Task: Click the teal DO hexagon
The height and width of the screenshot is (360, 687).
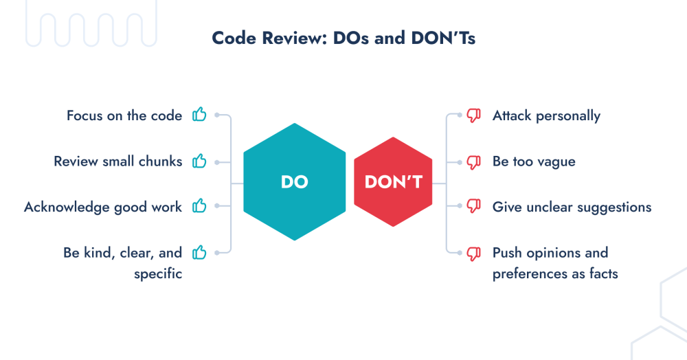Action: [x=294, y=182]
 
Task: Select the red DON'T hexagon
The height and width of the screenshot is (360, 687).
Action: [x=394, y=182]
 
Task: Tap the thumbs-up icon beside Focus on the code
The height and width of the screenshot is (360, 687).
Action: [x=199, y=115]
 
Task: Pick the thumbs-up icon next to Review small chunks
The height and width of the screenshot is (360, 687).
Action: [x=199, y=161]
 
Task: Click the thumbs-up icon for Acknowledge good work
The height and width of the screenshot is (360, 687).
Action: [x=199, y=206]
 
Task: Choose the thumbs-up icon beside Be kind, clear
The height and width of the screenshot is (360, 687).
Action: [x=199, y=253]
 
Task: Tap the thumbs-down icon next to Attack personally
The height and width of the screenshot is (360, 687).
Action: [x=473, y=116]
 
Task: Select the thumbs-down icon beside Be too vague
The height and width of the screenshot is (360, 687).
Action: [x=473, y=163]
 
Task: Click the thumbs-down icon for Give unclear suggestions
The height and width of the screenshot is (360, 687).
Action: [x=473, y=207]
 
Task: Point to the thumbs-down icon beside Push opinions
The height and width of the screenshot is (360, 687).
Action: [x=473, y=254]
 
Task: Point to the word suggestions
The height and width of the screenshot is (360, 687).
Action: [x=614, y=207]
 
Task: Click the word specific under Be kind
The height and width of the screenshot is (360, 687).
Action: [x=159, y=273]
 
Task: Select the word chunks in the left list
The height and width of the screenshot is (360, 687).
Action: [x=159, y=162]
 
